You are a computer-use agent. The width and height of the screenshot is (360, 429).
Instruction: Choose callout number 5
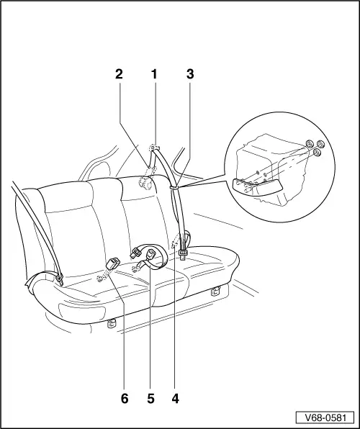tap(150, 396)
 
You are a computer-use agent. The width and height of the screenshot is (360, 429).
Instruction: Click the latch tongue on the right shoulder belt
tap(183, 251)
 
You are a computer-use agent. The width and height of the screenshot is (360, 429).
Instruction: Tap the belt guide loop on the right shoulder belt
tap(174, 186)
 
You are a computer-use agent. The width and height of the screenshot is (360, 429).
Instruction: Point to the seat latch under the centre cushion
tap(111, 324)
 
